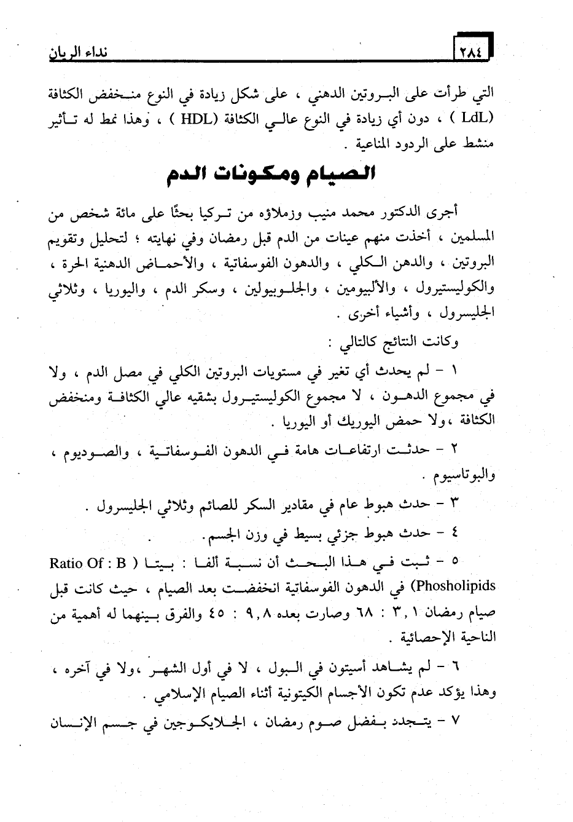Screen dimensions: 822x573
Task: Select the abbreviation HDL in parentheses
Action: point(195,119)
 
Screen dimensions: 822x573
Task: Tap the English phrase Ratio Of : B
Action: point(85,563)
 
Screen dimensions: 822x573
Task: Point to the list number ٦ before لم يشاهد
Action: point(455,668)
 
